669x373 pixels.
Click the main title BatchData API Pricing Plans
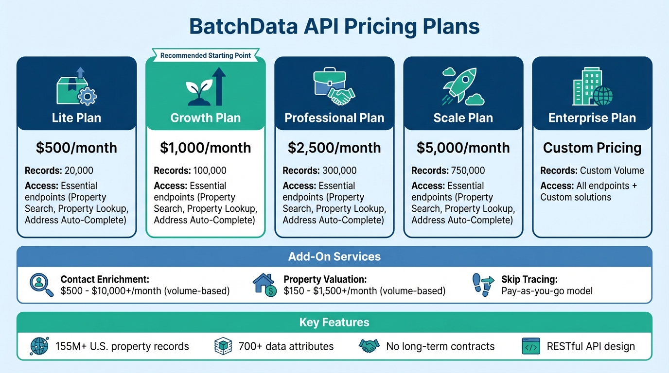334,27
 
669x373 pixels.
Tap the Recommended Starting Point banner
206,55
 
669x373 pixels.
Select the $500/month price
77,148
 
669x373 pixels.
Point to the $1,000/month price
206,148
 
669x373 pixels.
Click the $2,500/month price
334,148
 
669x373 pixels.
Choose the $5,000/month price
463,148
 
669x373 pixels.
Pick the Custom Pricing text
592,148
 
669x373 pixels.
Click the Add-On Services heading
334,256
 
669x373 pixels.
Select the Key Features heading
334,322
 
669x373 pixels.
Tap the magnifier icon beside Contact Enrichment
41,284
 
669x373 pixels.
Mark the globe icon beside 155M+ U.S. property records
39,346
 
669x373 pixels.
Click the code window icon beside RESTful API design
530,346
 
